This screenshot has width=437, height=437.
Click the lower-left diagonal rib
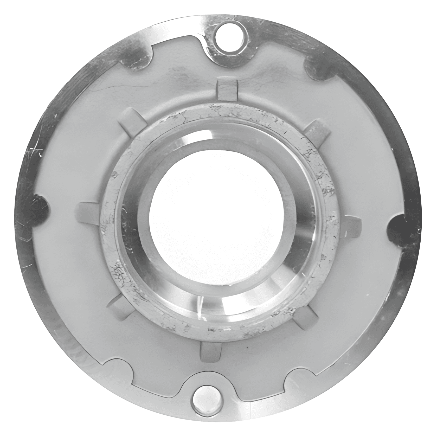click(x=120, y=305)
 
